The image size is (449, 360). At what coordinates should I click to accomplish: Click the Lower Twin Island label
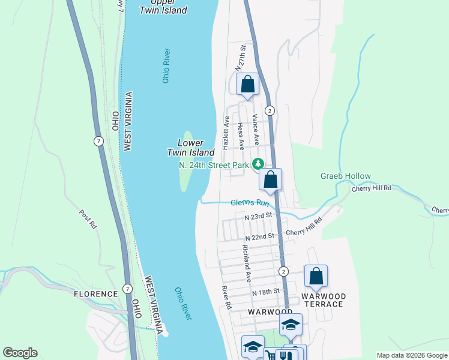coord(190,148)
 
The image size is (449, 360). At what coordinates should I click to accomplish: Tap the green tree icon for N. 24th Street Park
coord(258,163)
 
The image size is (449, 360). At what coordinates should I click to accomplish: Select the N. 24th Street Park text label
coord(213,164)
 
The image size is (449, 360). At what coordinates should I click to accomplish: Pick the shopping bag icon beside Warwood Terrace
coord(316,277)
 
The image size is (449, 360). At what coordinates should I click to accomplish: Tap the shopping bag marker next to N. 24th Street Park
coord(271,179)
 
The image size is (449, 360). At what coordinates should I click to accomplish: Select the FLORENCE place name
coord(95,294)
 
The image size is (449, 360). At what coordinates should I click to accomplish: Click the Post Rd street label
coord(88,219)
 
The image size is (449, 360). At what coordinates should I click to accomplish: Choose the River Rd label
coord(226,298)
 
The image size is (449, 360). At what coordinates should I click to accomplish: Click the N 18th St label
coord(266,292)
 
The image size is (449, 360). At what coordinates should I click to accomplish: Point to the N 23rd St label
coord(258,214)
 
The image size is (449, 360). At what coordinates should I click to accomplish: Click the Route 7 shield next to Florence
coord(127,289)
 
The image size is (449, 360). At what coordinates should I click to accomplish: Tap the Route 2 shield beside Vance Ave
coord(270,110)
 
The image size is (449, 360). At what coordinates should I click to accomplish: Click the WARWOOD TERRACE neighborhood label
coord(323,300)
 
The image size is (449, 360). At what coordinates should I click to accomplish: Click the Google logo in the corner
coord(20,353)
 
